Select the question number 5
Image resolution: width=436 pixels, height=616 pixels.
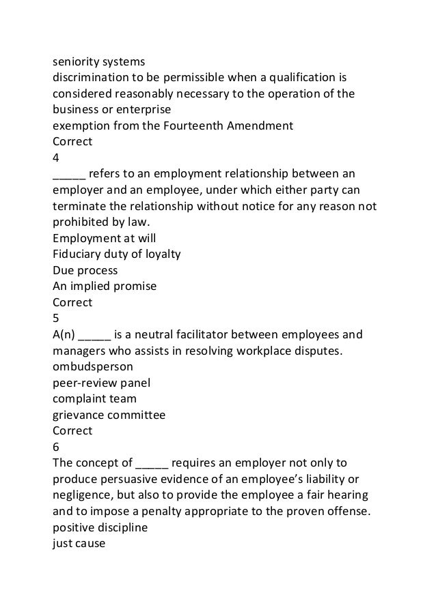pyautogui.click(x=56, y=317)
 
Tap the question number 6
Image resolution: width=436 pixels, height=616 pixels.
pyautogui.click(x=56, y=447)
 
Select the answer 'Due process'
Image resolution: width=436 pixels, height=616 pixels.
pyautogui.click(x=85, y=270)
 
